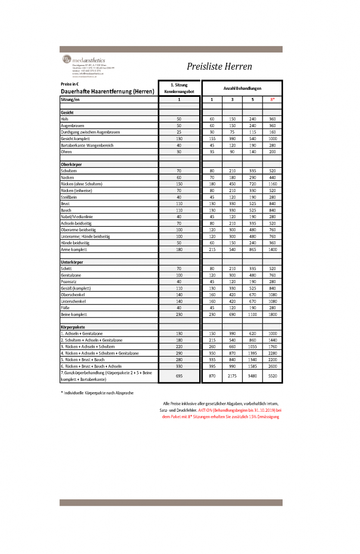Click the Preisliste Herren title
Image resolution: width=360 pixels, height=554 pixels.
[219, 67]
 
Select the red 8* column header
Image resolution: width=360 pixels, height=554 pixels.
[272, 100]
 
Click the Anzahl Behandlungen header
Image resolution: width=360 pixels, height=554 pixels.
[242, 88]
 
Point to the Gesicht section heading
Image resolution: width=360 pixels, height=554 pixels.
[67, 112]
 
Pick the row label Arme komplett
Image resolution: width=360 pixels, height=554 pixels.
[73, 249]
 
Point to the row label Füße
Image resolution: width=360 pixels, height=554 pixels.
[65, 307]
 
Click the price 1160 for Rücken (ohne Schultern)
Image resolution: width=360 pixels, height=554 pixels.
[272, 183]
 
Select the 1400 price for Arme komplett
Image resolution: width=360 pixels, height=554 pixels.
[272, 249]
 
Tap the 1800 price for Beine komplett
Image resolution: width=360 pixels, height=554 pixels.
[272, 314]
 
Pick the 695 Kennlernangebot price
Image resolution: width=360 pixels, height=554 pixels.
[179, 375]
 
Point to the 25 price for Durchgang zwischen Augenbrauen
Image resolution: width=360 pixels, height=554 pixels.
[179, 131]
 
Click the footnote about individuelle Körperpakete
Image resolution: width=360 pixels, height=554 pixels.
[97, 392]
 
